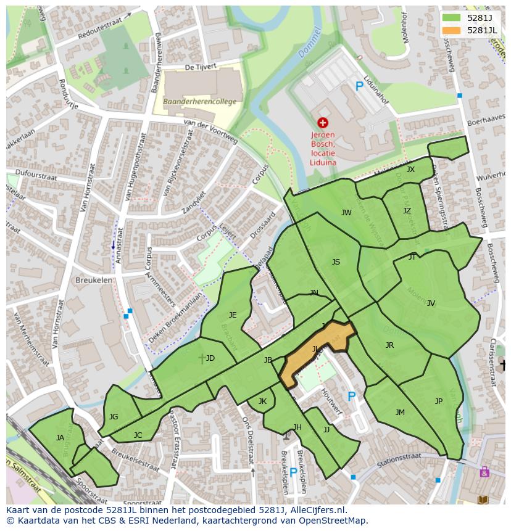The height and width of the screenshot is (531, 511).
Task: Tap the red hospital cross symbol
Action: [x=322, y=124]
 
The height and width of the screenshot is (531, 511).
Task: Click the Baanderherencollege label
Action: [x=199, y=102]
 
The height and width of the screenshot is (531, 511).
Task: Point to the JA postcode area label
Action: [x=60, y=438]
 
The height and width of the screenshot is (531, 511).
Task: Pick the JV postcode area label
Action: [x=431, y=303]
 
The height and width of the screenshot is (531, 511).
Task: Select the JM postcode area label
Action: [x=400, y=413]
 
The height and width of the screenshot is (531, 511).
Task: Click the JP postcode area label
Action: [x=439, y=401]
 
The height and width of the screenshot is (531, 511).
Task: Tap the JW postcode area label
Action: [x=346, y=213]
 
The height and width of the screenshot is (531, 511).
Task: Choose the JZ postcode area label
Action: [x=407, y=211]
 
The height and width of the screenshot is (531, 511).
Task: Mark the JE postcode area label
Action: [x=233, y=315]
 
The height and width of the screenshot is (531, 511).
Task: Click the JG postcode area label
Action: [x=114, y=417]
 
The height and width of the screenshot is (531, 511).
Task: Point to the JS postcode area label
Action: [x=336, y=262]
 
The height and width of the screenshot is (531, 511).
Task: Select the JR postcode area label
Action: [x=389, y=345]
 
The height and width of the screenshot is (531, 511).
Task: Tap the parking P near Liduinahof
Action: [x=359, y=87]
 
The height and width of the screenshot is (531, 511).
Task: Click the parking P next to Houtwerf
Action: [x=352, y=397]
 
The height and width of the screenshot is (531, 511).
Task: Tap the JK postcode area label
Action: [x=262, y=401]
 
